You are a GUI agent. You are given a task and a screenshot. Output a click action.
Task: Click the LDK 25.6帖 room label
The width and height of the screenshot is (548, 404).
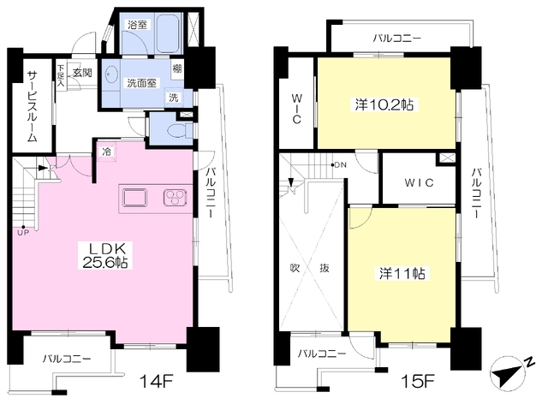[104, 255]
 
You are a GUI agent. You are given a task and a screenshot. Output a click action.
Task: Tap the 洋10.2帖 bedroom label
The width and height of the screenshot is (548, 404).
[384, 104]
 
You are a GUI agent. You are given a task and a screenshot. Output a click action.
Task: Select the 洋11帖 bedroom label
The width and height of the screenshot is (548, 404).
[402, 273]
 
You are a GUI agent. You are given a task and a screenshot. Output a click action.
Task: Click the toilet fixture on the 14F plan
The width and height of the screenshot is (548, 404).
[179, 131]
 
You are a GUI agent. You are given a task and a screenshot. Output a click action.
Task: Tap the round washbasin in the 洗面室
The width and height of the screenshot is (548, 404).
[111, 74]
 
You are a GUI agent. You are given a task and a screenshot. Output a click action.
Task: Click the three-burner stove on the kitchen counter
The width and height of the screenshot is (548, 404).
[175, 198]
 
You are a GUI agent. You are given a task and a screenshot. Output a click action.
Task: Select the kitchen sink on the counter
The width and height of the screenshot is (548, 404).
[134, 198]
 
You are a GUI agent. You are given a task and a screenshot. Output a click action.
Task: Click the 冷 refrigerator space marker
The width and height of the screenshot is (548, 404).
[106, 151]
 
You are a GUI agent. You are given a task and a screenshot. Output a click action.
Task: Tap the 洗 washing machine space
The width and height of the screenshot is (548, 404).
[174, 98]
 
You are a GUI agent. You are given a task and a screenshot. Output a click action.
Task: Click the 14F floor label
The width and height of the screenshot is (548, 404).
[156, 380]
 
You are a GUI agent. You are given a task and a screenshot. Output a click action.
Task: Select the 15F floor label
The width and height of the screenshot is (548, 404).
[418, 381]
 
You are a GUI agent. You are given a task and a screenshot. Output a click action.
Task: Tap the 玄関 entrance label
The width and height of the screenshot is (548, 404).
[82, 73]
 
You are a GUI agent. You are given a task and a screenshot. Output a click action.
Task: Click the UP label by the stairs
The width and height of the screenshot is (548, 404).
[23, 233]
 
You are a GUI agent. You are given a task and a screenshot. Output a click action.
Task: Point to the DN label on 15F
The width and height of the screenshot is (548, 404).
[340, 164]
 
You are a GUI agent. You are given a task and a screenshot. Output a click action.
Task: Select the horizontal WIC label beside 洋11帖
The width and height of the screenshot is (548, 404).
[419, 182]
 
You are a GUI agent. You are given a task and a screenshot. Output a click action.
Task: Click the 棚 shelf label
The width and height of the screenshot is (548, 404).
[177, 68]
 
